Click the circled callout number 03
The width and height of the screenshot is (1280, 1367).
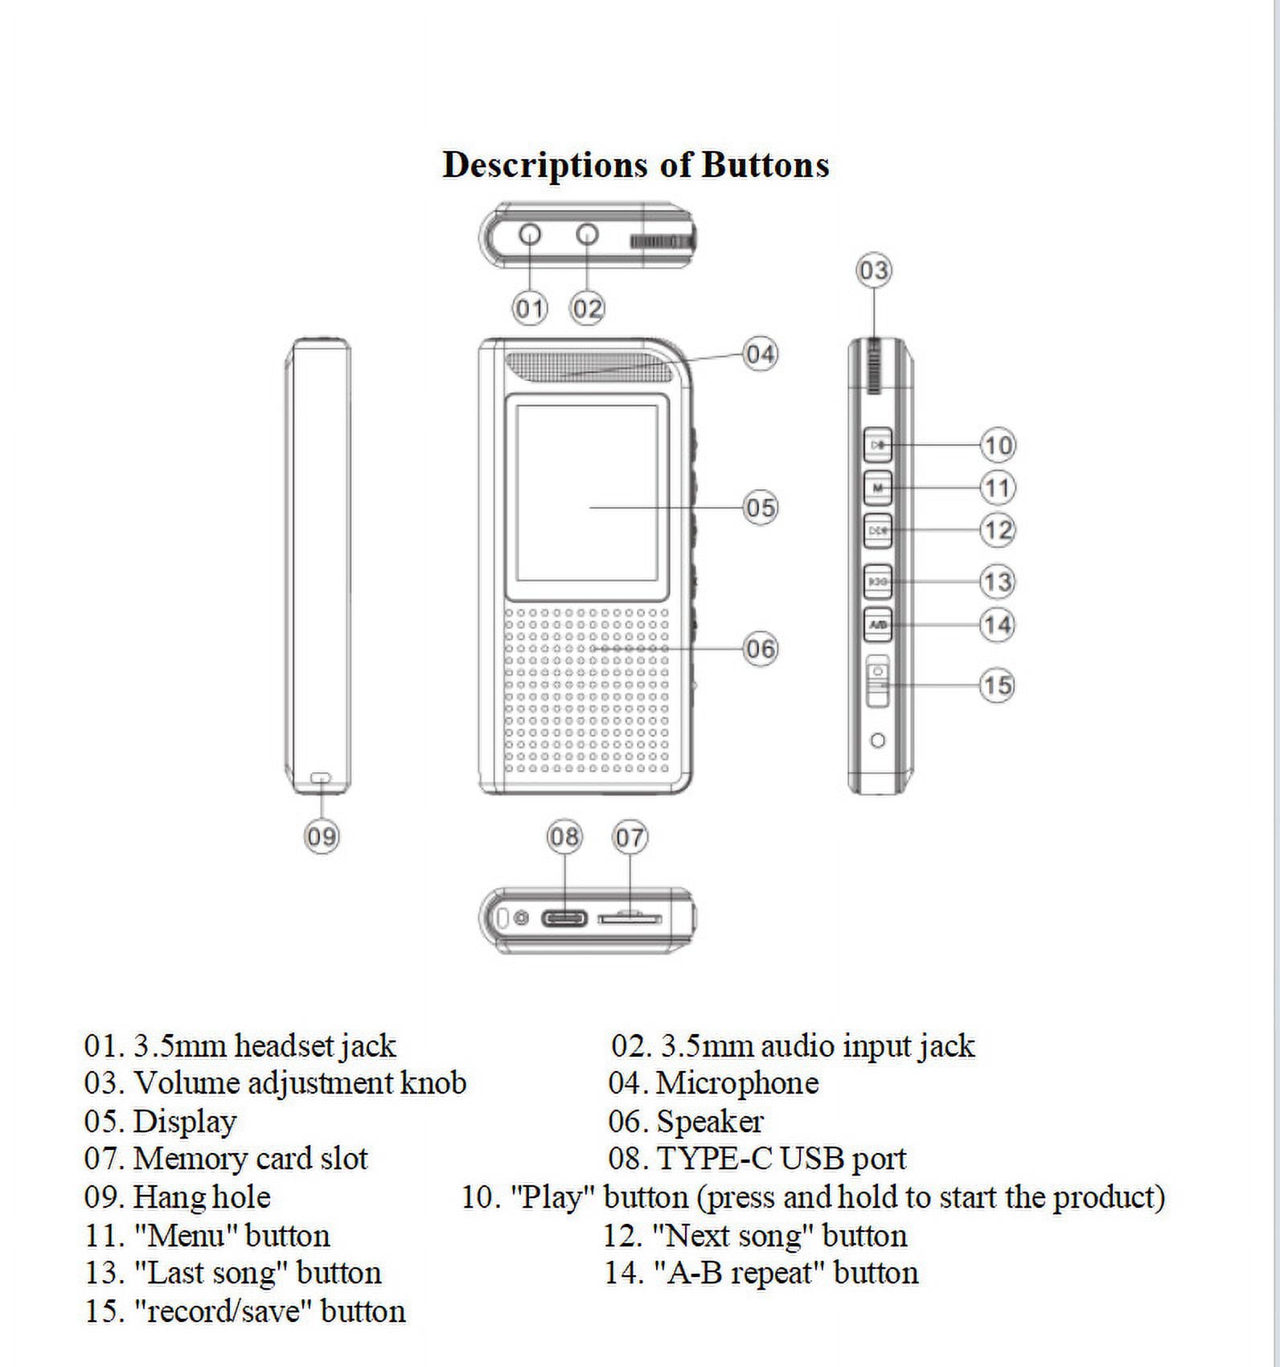click(874, 270)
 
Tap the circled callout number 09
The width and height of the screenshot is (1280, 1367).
click(322, 837)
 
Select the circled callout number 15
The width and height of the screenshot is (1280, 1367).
click(997, 685)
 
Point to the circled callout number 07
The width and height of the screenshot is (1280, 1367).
click(630, 838)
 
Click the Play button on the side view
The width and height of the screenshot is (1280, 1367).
click(878, 445)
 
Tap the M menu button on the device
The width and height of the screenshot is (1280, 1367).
click(878, 487)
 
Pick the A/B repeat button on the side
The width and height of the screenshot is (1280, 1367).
click(878, 624)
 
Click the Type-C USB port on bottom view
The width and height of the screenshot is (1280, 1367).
click(564, 918)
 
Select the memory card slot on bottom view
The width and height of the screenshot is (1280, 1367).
click(630, 917)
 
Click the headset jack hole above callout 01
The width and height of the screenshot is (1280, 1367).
click(530, 234)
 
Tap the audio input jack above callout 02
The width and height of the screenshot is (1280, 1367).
click(588, 234)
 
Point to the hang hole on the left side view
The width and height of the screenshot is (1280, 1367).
click(322, 778)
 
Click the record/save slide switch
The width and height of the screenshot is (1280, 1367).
click(878, 682)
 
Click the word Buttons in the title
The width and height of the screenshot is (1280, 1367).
click(765, 164)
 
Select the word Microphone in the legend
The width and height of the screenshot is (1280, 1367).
click(737, 1084)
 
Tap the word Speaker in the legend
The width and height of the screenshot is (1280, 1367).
click(710, 1122)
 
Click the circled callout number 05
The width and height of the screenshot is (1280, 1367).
click(761, 508)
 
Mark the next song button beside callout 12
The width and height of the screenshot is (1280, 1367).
click(878, 530)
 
